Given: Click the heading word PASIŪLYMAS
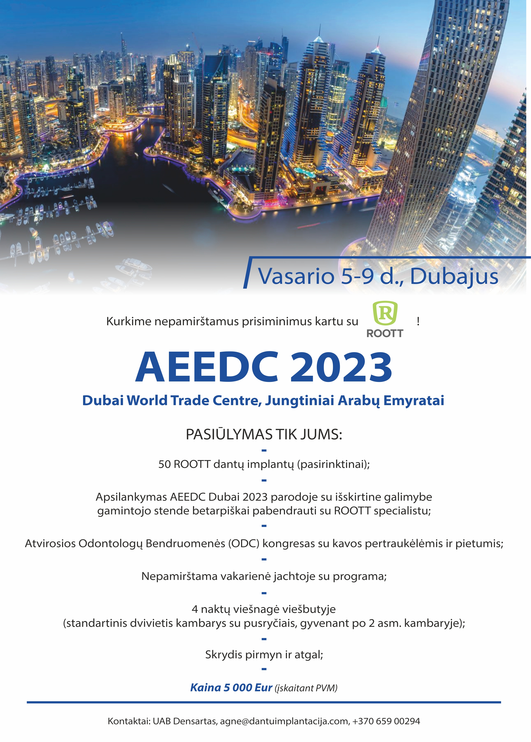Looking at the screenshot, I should tap(229, 435).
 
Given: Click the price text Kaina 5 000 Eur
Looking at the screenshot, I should tap(231, 688).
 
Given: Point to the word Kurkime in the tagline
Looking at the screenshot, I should tap(129, 322).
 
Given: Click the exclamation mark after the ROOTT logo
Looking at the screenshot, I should tap(418, 321).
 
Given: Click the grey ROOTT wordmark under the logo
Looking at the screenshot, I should tap(385, 333).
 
